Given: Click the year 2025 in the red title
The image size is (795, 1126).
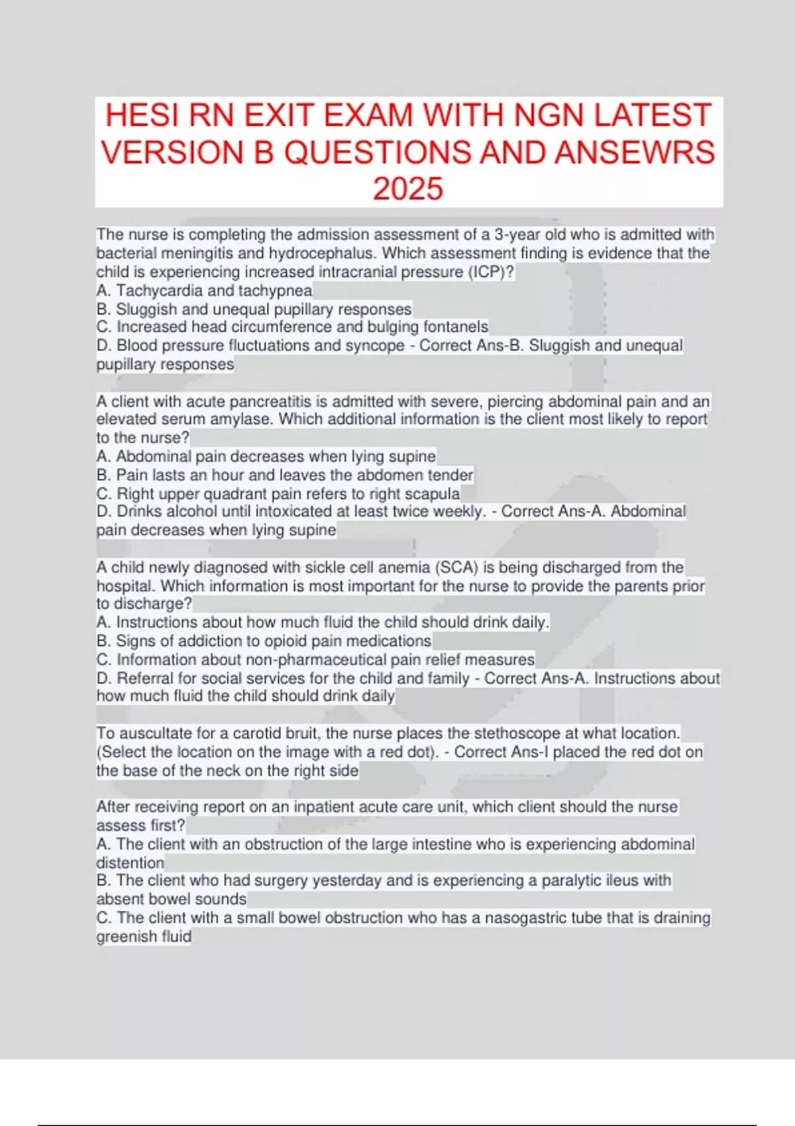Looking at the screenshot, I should tap(407, 189).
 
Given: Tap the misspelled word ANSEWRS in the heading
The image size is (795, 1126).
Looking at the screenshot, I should tap(635, 152).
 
